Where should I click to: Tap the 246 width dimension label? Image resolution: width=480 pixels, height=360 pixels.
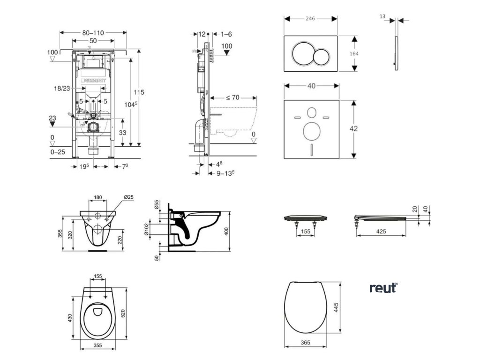310,19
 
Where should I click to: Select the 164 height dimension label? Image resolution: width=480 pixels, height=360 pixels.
355,53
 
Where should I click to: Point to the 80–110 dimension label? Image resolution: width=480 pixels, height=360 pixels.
93,33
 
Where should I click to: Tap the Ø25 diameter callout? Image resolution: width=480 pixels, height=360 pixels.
128,197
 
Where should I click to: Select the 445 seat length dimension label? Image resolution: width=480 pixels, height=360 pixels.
337,308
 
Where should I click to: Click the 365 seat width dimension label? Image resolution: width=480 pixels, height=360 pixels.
305,343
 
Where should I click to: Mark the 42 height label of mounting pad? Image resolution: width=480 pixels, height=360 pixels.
355,128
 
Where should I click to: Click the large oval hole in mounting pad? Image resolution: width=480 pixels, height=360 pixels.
311,131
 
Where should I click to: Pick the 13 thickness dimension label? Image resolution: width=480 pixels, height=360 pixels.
382,16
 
